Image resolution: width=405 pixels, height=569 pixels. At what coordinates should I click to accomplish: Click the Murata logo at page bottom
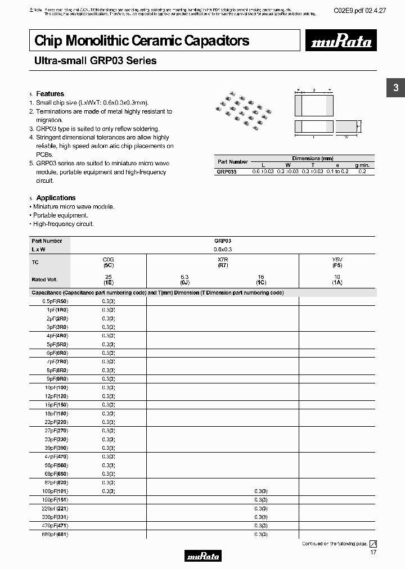[x=202, y=556]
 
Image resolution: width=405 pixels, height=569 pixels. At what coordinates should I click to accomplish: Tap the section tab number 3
[x=395, y=88]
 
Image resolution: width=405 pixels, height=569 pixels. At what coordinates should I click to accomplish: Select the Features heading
[x=50, y=94]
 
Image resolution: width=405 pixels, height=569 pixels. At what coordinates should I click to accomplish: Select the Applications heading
[x=56, y=198]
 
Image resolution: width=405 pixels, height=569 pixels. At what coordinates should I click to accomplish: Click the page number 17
[x=373, y=552]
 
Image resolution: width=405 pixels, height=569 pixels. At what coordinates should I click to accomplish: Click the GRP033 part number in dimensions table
[x=227, y=171]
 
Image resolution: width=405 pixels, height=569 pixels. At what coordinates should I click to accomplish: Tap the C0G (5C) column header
[x=109, y=261]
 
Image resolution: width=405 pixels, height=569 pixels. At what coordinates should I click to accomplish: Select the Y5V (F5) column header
[x=337, y=261]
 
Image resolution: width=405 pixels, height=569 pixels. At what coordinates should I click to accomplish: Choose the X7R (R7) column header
[x=223, y=261]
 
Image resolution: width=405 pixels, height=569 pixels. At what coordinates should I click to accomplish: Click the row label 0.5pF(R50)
[x=55, y=301]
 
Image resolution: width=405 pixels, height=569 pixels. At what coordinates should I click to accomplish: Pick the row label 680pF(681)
[x=55, y=534]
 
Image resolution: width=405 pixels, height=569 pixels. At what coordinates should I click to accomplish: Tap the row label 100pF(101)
[x=55, y=491]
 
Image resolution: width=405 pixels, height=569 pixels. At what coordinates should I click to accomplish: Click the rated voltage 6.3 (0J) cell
[x=185, y=279]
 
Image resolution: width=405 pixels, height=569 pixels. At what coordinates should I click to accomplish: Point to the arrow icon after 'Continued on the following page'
[x=373, y=544]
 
